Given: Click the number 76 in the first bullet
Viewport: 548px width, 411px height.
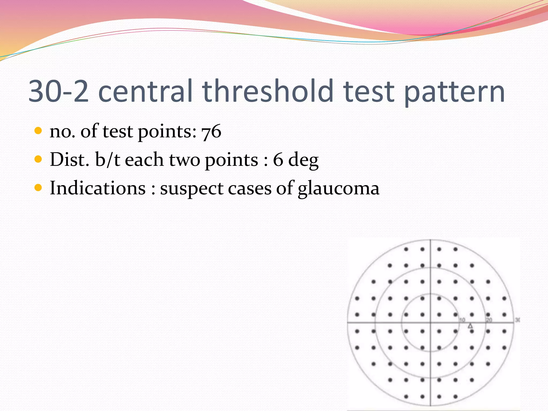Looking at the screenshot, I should click(x=211, y=132).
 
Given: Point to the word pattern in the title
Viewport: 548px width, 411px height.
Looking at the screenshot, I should click(x=454, y=92).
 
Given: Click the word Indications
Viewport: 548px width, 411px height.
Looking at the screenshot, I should click(x=98, y=188).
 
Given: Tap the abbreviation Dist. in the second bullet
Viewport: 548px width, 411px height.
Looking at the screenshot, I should click(x=69, y=159).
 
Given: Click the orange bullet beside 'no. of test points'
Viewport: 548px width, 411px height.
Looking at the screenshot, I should click(x=38, y=131).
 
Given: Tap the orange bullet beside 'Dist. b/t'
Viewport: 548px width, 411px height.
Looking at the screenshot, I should click(x=38, y=159).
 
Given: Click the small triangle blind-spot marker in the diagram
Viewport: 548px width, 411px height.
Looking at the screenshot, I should click(x=470, y=326).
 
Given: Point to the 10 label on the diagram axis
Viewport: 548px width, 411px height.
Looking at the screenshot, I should click(x=462, y=320).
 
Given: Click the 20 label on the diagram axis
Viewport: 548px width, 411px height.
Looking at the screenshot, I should click(x=489, y=320).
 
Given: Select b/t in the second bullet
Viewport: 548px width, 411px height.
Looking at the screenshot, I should click(x=107, y=159).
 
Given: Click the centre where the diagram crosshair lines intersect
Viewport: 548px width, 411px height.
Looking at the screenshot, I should click(x=430, y=323).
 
